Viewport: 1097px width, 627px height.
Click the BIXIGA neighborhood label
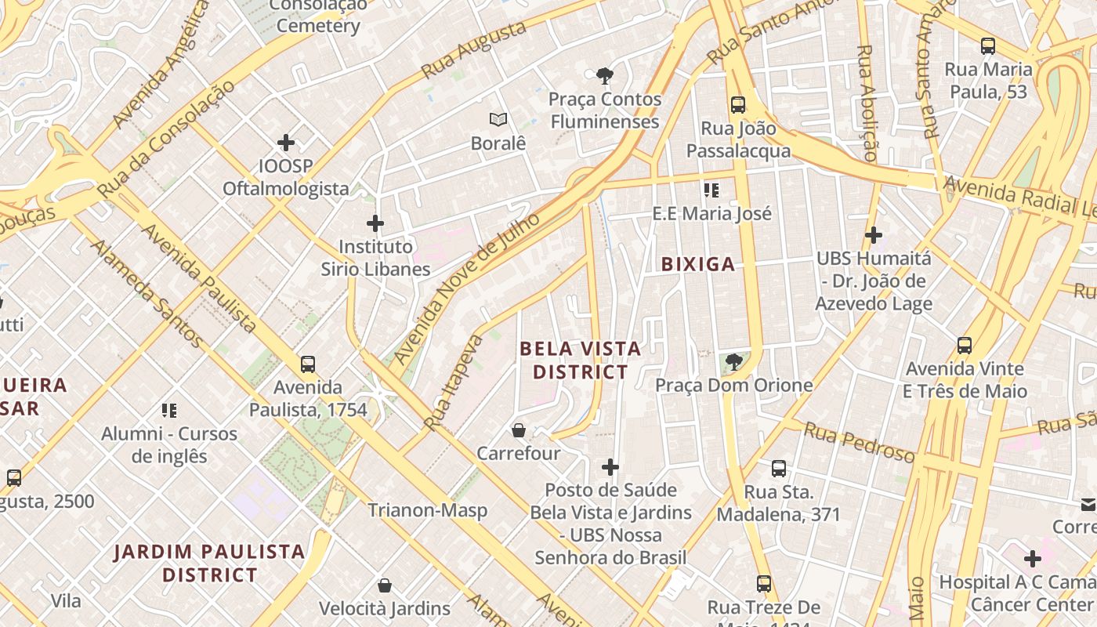tap(698, 264)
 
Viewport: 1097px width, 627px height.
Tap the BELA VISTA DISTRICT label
tap(581, 360)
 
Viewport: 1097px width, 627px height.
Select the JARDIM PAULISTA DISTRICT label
tap(210, 563)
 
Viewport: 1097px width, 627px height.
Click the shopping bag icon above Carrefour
tap(518, 429)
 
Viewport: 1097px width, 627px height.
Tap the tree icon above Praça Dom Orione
tap(734, 361)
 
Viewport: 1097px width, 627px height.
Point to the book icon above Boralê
tap(498, 120)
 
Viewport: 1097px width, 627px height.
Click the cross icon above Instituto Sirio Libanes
tap(375, 223)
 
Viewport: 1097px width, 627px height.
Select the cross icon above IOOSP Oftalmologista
tap(286, 143)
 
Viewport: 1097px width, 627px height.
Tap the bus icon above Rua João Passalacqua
tap(737, 105)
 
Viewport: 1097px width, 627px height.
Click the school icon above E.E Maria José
tap(711, 190)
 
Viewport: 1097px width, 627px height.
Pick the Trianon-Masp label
tap(428, 510)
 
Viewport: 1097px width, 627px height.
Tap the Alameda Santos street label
tap(146, 293)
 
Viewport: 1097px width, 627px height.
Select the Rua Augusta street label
tap(473, 50)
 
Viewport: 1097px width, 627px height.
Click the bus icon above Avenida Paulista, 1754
tap(308, 364)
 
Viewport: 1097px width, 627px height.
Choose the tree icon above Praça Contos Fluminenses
tap(604, 76)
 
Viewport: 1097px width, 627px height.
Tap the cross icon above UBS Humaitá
tap(873, 234)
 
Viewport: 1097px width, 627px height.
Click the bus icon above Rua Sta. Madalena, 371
tap(778, 469)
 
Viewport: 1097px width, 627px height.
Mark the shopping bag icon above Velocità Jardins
tap(385, 585)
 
